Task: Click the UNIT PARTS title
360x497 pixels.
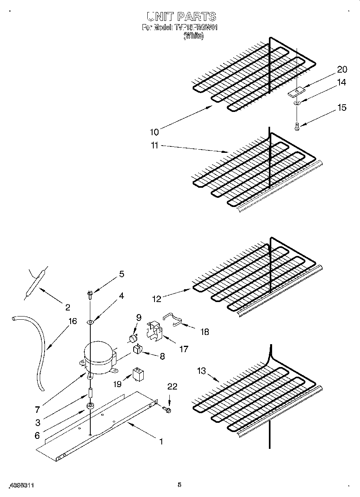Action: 181,16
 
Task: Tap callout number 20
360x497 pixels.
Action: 342,69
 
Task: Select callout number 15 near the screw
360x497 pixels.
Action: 342,108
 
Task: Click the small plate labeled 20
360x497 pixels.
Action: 296,93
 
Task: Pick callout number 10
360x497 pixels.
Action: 155,132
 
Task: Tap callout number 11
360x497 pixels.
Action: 155,146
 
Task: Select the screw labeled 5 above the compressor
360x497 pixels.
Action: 90,295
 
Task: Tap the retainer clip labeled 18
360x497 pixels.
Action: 174,319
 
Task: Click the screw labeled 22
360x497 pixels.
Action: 168,410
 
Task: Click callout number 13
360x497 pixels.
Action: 201,371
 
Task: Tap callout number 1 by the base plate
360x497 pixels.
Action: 161,442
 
